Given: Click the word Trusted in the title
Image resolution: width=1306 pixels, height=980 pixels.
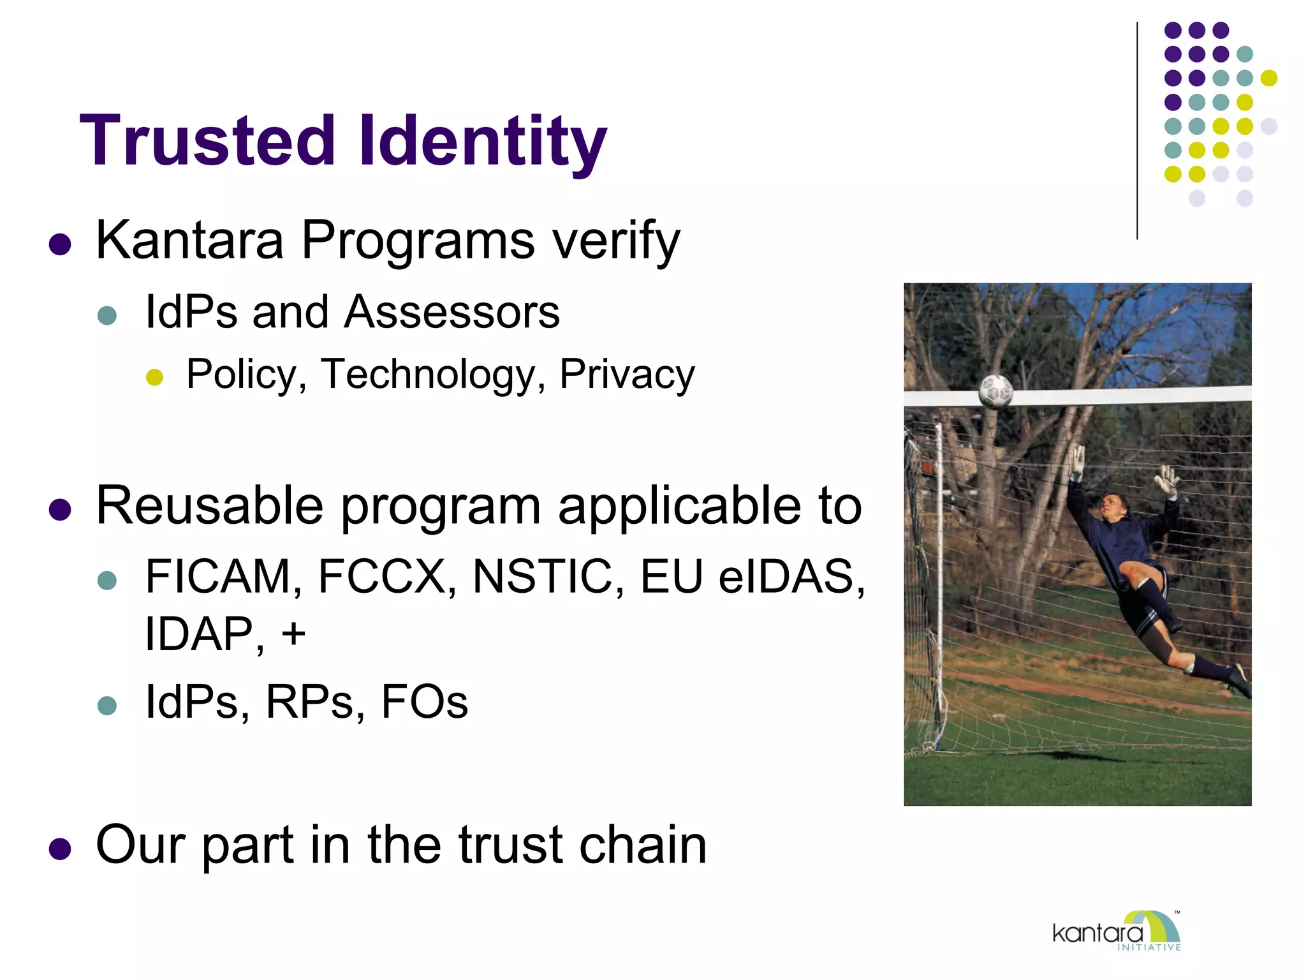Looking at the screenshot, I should click(207, 140).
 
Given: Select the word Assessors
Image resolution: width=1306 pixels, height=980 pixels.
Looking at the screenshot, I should click(452, 313).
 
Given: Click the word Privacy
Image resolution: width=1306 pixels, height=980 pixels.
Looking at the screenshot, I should click(626, 375).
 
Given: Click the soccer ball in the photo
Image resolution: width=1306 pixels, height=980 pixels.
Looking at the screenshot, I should click(995, 390).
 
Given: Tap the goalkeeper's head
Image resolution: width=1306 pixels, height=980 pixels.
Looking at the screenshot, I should click(1110, 507).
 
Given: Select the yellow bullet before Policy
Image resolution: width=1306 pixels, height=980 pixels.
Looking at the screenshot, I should click(155, 376).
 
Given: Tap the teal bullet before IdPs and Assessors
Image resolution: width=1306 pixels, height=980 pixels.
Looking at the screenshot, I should click(107, 315).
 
